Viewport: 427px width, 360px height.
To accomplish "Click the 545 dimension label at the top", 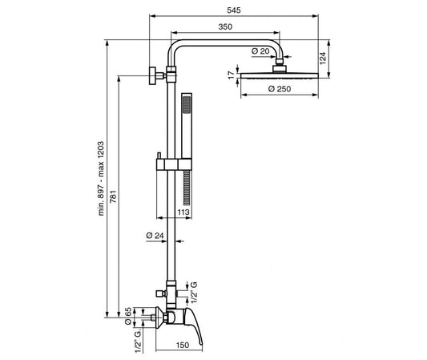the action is [x=234, y=10].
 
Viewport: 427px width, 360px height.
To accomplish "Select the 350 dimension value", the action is [x=225, y=26].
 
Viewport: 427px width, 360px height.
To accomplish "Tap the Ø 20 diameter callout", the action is [x=260, y=51].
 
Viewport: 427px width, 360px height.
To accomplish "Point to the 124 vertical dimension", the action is [x=322, y=58].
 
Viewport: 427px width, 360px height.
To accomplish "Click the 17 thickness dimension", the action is [x=232, y=75].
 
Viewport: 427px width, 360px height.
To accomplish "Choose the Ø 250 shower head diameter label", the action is [x=280, y=88].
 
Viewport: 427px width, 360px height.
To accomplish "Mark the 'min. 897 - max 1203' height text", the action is [x=101, y=179].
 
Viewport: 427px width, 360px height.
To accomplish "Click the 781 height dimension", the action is [x=113, y=196].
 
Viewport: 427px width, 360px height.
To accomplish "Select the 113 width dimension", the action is [x=183, y=212].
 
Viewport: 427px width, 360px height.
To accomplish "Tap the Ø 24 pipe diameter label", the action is [x=155, y=236].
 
